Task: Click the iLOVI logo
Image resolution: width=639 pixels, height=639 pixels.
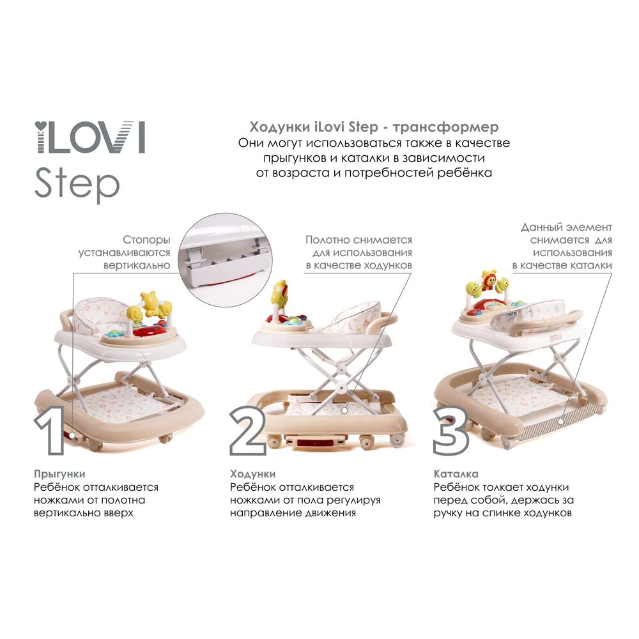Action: [89, 137]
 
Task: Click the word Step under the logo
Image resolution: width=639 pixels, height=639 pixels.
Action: [77, 185]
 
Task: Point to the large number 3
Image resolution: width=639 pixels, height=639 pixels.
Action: [451, 431]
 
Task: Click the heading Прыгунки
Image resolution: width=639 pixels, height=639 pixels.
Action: [59, 474]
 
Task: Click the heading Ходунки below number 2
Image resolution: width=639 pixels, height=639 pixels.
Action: [252, 474]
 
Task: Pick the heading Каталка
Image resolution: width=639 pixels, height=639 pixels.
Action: [456, 474]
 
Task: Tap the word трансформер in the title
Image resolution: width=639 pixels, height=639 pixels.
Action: [445, 127]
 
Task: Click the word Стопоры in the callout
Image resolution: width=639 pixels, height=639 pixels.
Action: [146, 240]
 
